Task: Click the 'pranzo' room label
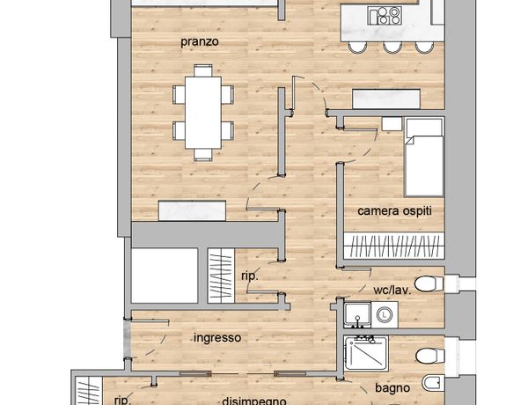(200, 42)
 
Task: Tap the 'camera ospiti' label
(394, 211)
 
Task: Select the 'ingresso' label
(217, 337)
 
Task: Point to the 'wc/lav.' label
(392, 291)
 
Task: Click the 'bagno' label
(392, 388)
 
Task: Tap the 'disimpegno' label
(254, 401)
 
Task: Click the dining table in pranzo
(203, 113)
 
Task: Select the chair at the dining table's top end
(203, 70)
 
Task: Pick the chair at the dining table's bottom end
(203, 155)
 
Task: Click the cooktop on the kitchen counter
(385, 16)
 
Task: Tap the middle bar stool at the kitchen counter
(392, 48)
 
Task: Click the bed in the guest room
(423, 157)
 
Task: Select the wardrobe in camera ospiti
(394, 245)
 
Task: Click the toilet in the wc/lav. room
(429, 283)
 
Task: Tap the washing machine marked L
(384, 315)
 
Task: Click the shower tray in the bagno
(366, 354)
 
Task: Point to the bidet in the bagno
(433, 383)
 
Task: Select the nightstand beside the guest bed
(392, 123)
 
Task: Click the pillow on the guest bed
(424, 128)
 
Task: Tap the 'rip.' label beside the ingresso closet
(250, 276)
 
